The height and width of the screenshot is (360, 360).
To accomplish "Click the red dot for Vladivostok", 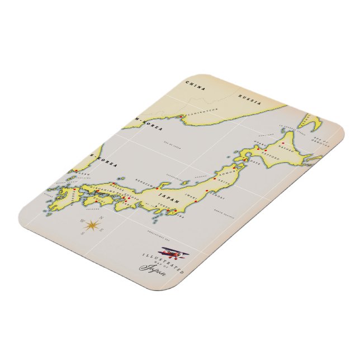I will tap(185, 116).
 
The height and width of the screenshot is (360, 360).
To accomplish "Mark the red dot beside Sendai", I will tap(207, 191).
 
